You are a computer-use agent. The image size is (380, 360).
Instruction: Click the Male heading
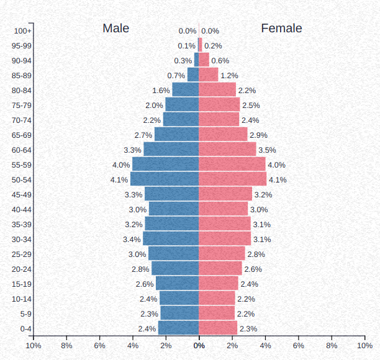click(x=116, y=29)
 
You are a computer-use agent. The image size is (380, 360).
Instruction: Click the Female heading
click(x=281, y=29)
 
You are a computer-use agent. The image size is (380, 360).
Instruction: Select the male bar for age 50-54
click(x=165, y=179)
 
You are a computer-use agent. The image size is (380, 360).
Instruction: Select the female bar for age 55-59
click(x=232, y=164)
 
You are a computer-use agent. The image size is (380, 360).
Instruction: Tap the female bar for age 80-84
click(x=217, y=90)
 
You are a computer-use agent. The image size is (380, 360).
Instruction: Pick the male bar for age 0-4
click(x=179, y=328)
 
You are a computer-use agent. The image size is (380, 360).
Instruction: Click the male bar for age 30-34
click(x=171, y=239)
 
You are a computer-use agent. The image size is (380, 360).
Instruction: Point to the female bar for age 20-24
click(x=220, y=269)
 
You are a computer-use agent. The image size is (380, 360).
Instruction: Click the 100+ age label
click(x=22, y=31)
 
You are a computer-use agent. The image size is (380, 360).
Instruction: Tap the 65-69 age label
click(x=22, y=135)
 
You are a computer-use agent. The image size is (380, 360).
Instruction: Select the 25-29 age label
click(x=22, y=254)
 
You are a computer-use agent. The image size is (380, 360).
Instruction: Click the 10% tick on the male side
click(x=33, y=346)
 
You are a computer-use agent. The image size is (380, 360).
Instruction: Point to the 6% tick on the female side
click(x=299, y=346)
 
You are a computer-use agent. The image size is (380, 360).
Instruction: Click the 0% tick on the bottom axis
click(x=199, y=346)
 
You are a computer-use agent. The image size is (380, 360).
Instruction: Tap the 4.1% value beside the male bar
click(x=119, y=180)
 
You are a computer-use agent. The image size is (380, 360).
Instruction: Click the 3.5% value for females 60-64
click(x=267, y=150)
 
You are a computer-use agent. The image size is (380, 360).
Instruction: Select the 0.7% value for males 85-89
click(x=176, y=76)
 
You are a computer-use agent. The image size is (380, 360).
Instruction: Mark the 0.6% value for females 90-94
click(x=220, y=61)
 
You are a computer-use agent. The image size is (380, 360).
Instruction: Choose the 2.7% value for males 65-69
click(x=143, y=135)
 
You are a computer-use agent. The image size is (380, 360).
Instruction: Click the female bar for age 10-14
click(x=217, y=299)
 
